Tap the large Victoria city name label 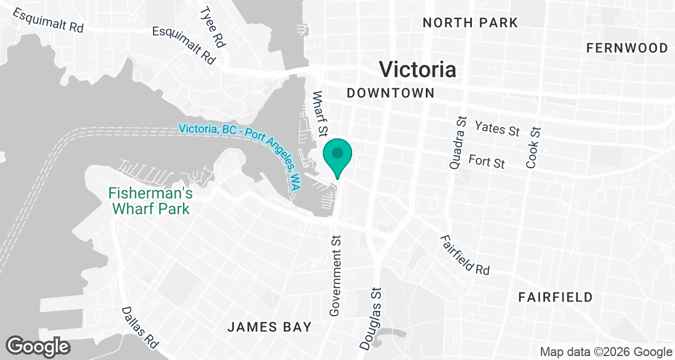point(417,69)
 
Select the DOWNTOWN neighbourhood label point(390,93)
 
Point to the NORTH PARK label point(470,23)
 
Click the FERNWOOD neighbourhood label point(627,48)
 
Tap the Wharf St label point(319,114)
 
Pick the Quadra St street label point(458,143)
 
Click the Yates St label point(497,128)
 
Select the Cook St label point(533,147)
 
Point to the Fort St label point(487,162)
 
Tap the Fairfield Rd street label point(465,255)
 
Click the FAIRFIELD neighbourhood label point(555,297)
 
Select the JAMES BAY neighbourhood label point(269,327)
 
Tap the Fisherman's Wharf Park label point(150,201)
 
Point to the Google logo point(38,346)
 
